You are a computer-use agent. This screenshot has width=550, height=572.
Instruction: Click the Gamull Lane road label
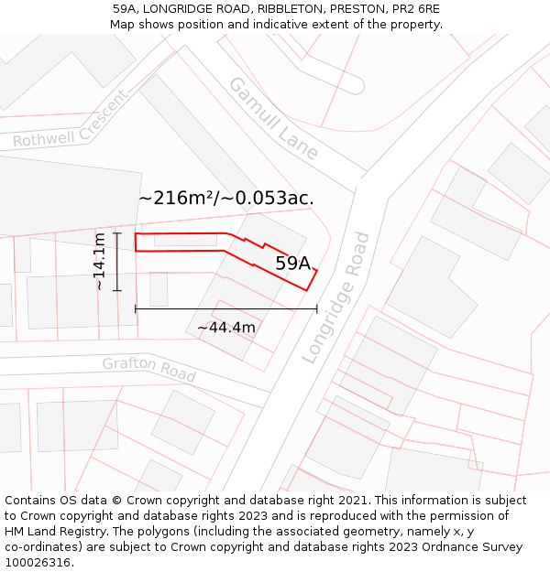(272, 118)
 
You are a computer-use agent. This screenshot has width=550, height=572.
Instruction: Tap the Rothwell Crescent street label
(70, 121)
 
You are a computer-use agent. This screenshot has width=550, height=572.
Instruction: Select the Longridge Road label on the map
(336, 297)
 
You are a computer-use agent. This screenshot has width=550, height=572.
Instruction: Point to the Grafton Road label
(148, 369)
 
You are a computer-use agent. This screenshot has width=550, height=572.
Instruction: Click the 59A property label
(293, 264)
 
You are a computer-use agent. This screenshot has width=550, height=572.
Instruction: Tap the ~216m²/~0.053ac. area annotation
(226, 198)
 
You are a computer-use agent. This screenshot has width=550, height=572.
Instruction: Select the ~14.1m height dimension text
(100, 262)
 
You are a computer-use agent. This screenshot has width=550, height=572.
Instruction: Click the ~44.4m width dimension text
(226, 327)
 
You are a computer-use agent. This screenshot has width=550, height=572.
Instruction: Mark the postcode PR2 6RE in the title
(414, 9)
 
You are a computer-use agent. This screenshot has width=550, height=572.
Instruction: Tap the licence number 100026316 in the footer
(38, 563)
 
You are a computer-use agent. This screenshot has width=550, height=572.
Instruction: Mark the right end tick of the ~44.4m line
(316, 309)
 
